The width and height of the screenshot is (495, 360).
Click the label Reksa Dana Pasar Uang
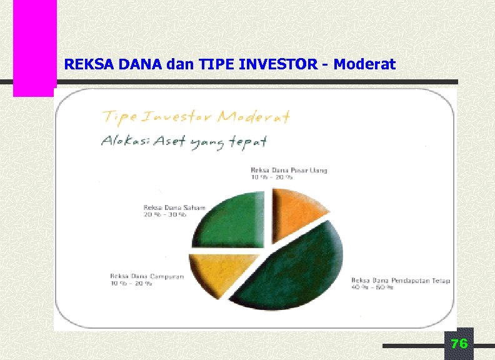coord(289,170)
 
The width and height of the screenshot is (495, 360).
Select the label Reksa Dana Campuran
coord(147,277)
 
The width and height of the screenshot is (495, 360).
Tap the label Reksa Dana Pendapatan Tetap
coord(401,281)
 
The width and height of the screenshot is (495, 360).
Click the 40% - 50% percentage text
coord(372,288)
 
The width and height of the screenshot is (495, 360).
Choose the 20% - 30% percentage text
coord(165,215)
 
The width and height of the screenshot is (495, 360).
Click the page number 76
coord(459,344)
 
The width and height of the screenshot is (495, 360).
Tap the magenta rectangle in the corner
coord(35,47)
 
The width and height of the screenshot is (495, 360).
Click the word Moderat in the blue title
coord(365,64)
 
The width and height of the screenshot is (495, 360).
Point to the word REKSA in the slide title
coord(84,64)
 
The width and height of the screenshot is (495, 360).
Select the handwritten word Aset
coord(167,142)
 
